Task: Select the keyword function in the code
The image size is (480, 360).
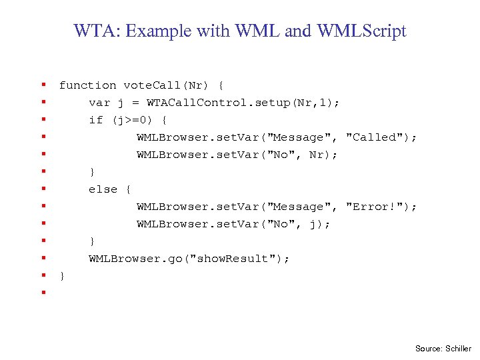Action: point(87,85)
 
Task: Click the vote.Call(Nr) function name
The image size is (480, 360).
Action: point(166,85)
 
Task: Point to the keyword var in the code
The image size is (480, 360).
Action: point(99,103)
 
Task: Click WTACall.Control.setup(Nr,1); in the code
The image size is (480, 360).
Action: point(243,103)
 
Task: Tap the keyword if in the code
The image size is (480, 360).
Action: point(96,120)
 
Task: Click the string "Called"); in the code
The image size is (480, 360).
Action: point(381,137)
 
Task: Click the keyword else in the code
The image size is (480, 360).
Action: point(103,189)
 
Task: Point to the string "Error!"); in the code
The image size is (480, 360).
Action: point(381,207)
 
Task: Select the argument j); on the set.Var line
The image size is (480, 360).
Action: point(319,224)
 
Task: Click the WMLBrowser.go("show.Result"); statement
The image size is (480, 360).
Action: point(189,259)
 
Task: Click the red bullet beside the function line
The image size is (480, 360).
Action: point(43,85)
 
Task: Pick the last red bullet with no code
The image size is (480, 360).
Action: point(43,292)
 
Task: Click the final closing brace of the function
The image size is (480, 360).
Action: point(62,276)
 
